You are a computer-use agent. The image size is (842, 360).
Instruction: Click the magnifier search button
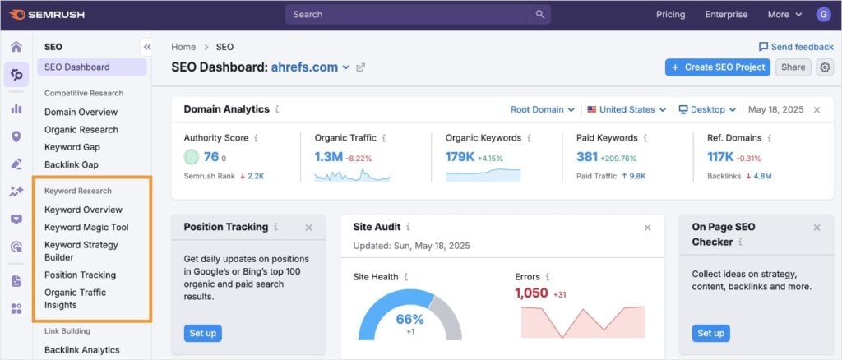(539, 14)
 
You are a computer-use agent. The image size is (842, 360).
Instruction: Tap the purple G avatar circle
(823, 14)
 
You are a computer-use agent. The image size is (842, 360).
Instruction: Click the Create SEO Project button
(717, 67)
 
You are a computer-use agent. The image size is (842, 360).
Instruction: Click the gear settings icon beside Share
(825, 67)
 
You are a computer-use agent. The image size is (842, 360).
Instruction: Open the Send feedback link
(795, 47)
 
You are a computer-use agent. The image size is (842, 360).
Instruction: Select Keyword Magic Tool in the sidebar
(86, 227)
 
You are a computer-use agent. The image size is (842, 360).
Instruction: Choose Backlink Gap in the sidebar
(72, 164)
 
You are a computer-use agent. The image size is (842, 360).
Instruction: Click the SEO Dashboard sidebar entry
(76, 67)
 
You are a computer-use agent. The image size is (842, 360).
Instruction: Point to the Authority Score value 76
(211, 157)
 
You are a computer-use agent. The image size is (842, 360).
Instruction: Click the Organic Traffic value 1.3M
(328, 157)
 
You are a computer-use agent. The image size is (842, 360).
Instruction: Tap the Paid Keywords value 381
(587, 157)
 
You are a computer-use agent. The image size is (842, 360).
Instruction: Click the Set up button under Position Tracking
(202, 333)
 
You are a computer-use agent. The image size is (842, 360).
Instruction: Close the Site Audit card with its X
(647, 228)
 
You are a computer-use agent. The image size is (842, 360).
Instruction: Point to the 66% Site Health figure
(409, 319)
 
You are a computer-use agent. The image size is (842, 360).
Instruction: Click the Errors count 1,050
(531, 293)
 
